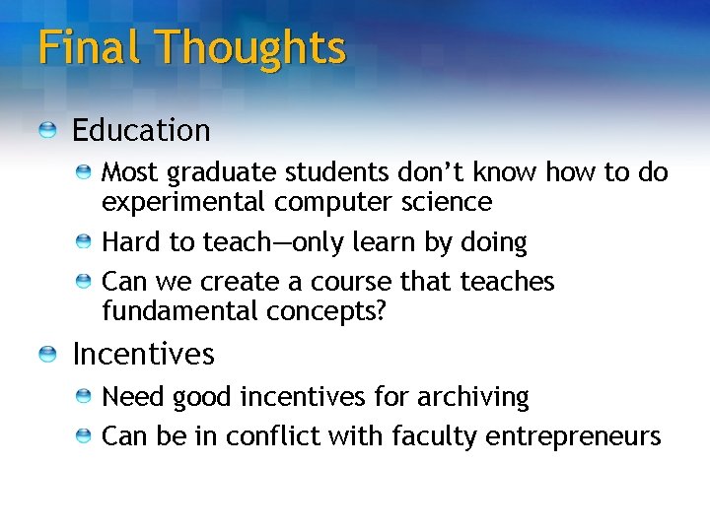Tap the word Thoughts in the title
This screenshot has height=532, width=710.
point(250,47)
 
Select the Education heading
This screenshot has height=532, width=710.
point(141,130)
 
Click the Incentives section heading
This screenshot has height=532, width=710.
point(143,353)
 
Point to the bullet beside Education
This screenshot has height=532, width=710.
point(48,130)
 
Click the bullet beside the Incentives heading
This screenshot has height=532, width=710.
point(48,354)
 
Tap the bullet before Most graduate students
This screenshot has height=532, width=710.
point(86,173)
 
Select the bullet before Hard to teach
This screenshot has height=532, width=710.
point(86,242)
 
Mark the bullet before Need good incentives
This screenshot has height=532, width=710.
point(86,397)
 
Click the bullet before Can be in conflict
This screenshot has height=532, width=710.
point(86,435)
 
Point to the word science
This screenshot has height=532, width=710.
point(447,202)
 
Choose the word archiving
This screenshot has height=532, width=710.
point(473,397)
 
